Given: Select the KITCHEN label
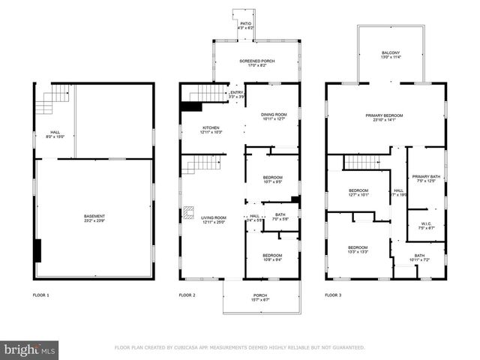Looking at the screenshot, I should (210, 130).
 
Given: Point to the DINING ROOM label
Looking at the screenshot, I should (273, 115).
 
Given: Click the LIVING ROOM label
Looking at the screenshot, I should (214, 218).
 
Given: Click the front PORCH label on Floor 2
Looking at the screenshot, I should (260, 296).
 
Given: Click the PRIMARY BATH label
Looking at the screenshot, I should (426, 178).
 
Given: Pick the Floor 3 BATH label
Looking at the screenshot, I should (419, 257).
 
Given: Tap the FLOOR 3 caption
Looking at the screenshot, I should (333, 295).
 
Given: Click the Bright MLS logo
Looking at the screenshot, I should (29, 349).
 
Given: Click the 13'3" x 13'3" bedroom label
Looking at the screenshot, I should (358, 249).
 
